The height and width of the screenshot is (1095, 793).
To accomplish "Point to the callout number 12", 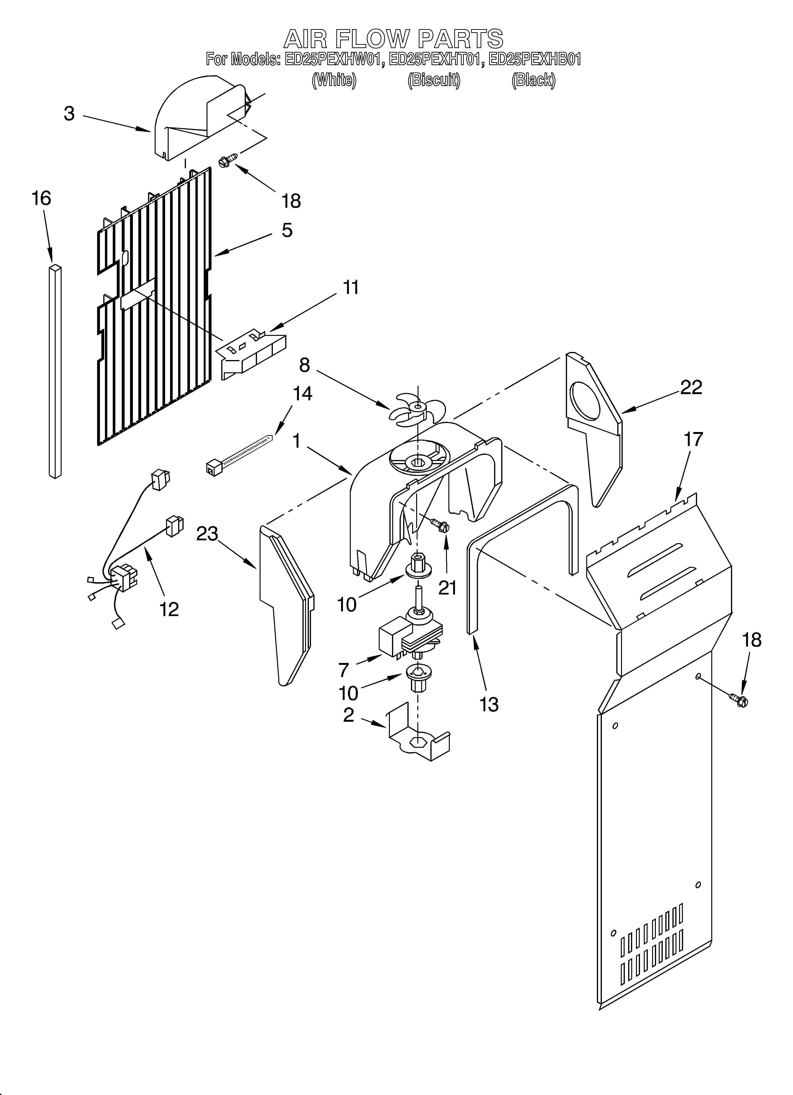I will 169,609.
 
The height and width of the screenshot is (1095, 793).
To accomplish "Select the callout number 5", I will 287,230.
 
